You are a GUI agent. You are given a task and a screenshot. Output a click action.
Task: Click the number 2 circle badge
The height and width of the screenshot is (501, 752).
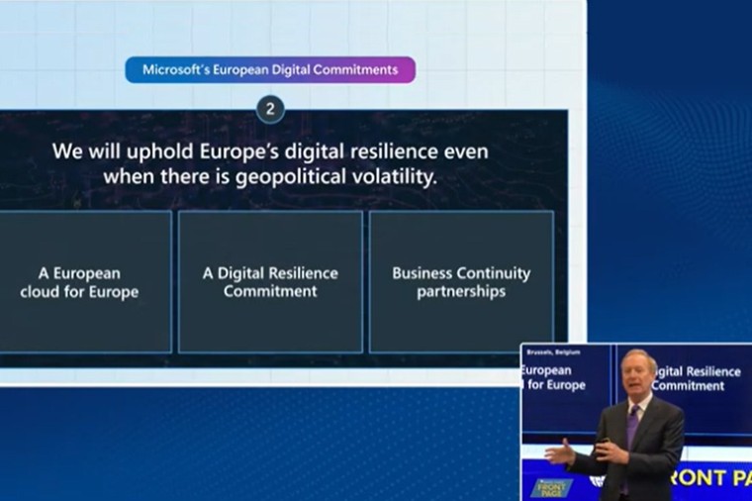click(x=270, y=109)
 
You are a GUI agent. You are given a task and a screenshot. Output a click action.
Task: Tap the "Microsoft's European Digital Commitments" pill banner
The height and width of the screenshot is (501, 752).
click(x=270, y=70)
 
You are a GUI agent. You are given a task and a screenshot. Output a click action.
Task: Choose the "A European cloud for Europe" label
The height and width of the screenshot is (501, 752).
click(x=79, y=282)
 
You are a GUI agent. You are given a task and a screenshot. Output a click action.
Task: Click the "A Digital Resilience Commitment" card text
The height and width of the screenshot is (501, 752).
click(x=270, y=282)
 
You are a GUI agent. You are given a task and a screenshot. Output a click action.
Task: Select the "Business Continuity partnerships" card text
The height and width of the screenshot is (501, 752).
click(x=461, y=282)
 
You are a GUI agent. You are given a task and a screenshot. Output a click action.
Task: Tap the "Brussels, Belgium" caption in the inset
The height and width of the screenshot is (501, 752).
click(x=553, y=351)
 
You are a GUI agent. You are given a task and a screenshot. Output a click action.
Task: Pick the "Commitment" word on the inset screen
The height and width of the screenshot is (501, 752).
click(x=690, y=385)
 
